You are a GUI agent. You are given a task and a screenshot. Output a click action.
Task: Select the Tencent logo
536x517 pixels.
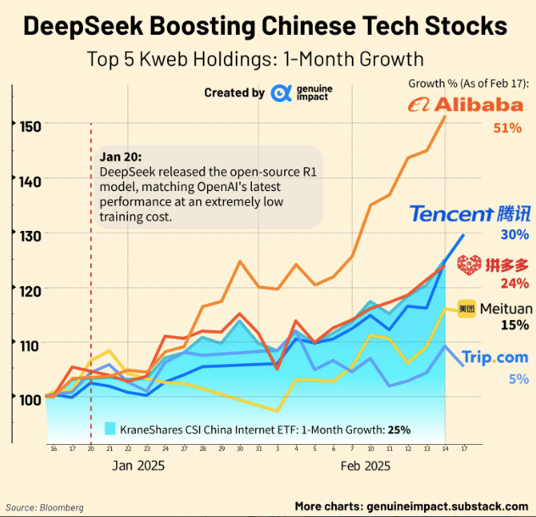click(x=470, y=214)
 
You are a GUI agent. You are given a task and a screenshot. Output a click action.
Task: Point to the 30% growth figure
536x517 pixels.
click(x=515, y=235)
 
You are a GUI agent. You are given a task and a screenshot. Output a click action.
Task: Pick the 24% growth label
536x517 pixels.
click(x=515, y=284)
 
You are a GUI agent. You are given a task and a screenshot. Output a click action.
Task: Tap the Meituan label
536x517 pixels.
click(x=505, y=308)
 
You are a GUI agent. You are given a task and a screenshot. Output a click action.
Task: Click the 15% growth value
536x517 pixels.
click(x=515, y=324)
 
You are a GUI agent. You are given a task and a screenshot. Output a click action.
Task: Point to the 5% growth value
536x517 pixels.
click(x=518, y=379)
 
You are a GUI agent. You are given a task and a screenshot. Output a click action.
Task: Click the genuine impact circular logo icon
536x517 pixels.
click(x=282, y=93)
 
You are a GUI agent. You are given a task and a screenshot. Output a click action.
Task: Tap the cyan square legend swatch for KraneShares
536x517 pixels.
click(x=109, y=429)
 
